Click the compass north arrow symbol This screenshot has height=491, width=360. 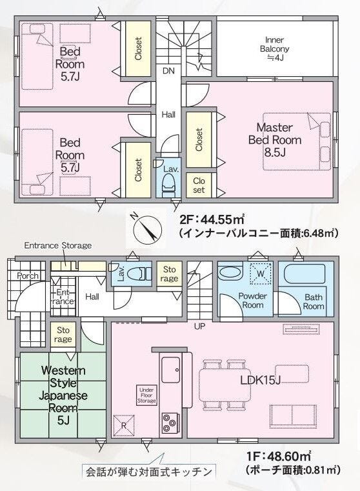[x=148, y=229]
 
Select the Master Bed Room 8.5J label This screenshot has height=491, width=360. [x=275, y=139]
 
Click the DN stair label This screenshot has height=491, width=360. [x=168, y=71]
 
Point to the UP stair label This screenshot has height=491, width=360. [x=199, y=326]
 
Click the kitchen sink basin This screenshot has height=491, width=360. [x=171, y=370]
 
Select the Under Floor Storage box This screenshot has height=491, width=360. [x=146, y=395]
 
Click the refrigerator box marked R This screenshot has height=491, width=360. [x=124, y=426]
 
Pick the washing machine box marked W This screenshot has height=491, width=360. [x=261, y=274]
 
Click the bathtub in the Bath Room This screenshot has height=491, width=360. [x=305, y=274]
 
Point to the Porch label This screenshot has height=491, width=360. [x=28, y=276]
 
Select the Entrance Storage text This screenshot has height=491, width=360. [x=58, y=245]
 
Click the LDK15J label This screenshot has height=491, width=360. [x=260, y=380]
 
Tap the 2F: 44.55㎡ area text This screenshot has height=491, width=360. [x=212, y=219]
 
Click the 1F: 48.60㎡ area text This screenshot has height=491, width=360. [x=279, y=456]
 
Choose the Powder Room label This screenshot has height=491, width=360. [x=253, y=300]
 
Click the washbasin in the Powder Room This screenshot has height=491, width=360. [x=230, y=273]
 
